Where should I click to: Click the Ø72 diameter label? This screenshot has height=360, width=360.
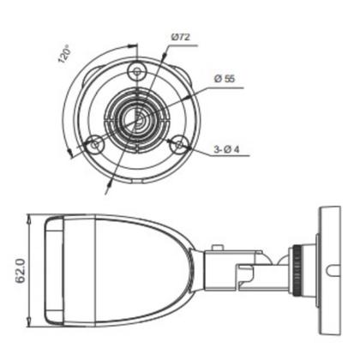coord(181,37)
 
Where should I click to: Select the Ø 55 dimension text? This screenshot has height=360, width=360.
coord(226,78)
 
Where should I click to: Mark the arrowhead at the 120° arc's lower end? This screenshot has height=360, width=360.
coord(67,154)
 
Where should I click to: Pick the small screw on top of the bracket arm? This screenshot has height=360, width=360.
coord(219,249)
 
